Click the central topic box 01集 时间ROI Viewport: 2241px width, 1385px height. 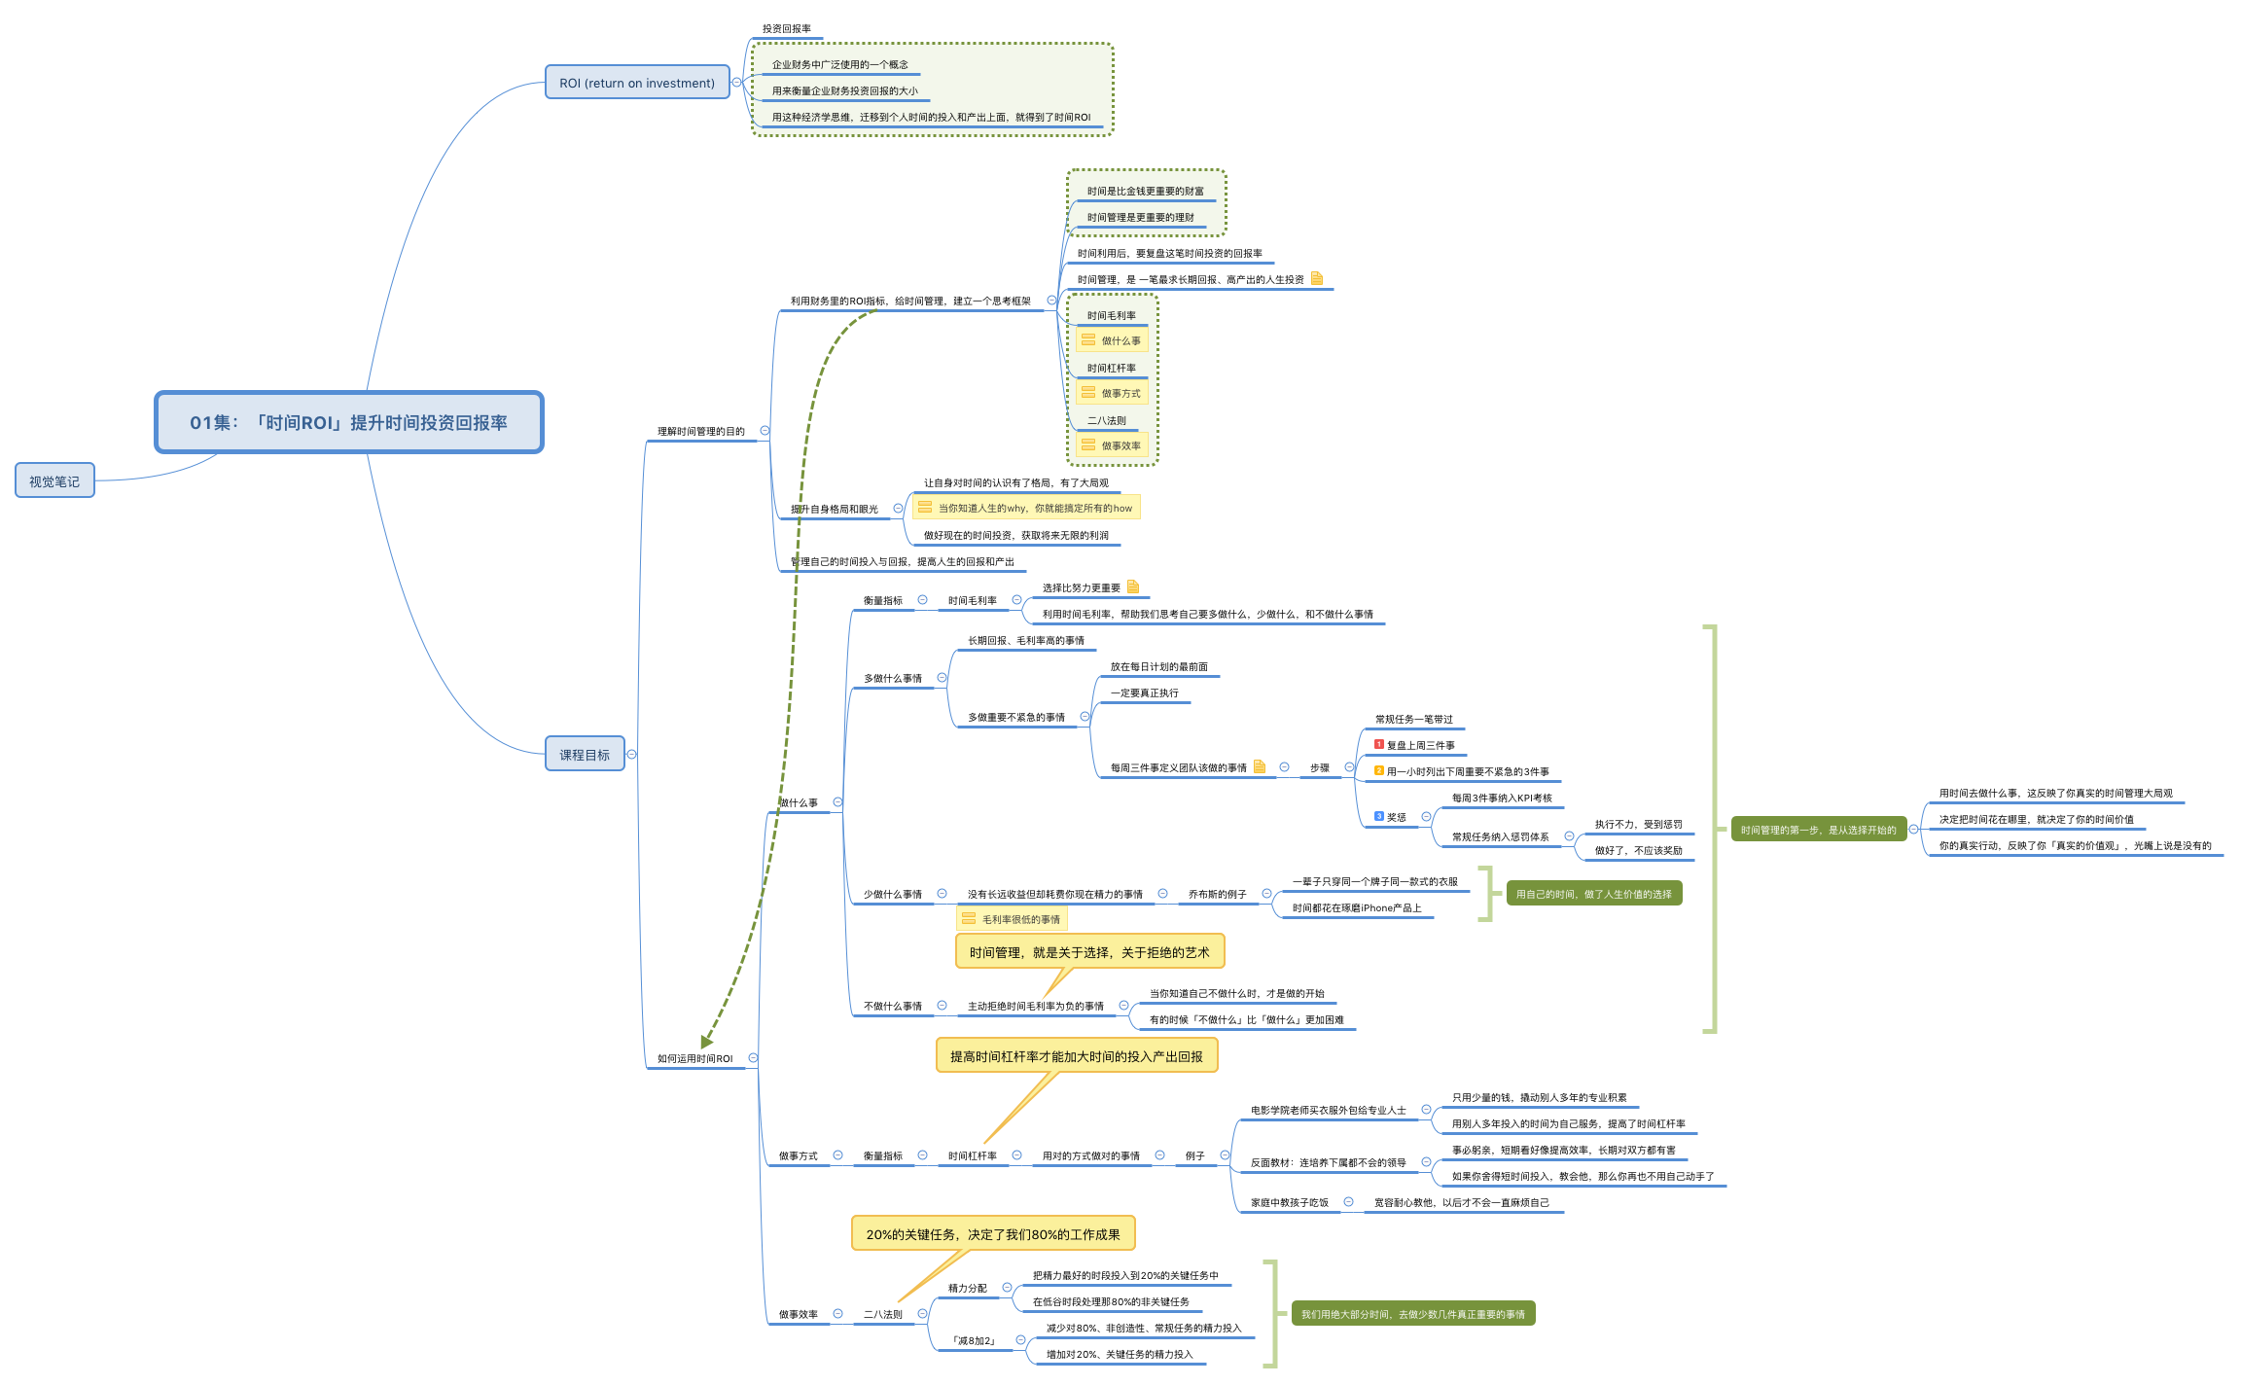(x=348, y=422)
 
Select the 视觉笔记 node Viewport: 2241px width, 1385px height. (x=54, y=480)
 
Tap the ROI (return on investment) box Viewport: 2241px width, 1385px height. (x=637, y=83)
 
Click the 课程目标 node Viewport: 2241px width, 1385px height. (x=585, y=754)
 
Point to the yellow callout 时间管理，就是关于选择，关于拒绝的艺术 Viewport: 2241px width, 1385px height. (x=1089, y=952)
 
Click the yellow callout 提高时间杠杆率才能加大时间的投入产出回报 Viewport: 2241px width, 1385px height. (x=1076, y=1055)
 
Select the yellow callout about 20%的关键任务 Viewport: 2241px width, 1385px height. (x=993, y=1233)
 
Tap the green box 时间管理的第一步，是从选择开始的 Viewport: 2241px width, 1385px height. (x=1818, y=830)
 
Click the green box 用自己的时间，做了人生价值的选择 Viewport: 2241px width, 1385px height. (x=1593, y=894)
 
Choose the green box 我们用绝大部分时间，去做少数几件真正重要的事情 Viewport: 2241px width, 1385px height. (x=1412, y=1314)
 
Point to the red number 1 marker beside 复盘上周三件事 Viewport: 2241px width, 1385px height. (x=1378, y=744)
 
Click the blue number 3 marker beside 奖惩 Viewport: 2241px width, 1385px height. (x=1378, y=816)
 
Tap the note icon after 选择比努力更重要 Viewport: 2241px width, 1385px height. (x=1133, y=586)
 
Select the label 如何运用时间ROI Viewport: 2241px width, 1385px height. (x=694, y=1058)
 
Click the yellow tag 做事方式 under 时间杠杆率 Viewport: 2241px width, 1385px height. (x=1113, y=393)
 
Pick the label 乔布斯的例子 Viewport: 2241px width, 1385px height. (x=1217, y=894)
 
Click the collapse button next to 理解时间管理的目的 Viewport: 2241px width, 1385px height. (x=765, y=430)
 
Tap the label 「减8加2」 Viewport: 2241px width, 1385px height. (x=973, y=1340)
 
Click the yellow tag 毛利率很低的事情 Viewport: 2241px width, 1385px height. (x=1012, y=919)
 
